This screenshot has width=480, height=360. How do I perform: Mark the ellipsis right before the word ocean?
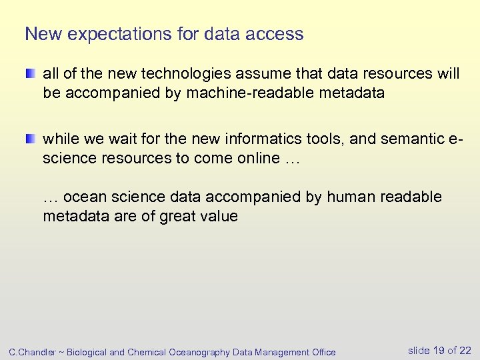[x=51, y=197]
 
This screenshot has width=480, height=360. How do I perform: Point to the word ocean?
[x=85, y=197]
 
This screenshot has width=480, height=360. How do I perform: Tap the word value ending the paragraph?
[x=219, y=217]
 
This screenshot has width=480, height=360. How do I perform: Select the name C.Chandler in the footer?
[x=31, y=352]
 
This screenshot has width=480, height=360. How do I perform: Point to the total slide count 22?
[x=465, y=351]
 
